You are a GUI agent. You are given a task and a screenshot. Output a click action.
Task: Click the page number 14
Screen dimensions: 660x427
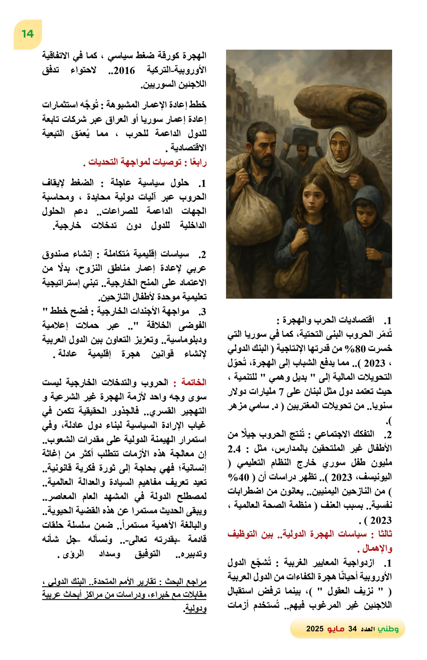[x=27, y=34]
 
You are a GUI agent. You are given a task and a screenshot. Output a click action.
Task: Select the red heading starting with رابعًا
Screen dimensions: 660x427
[x=147, y=162]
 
